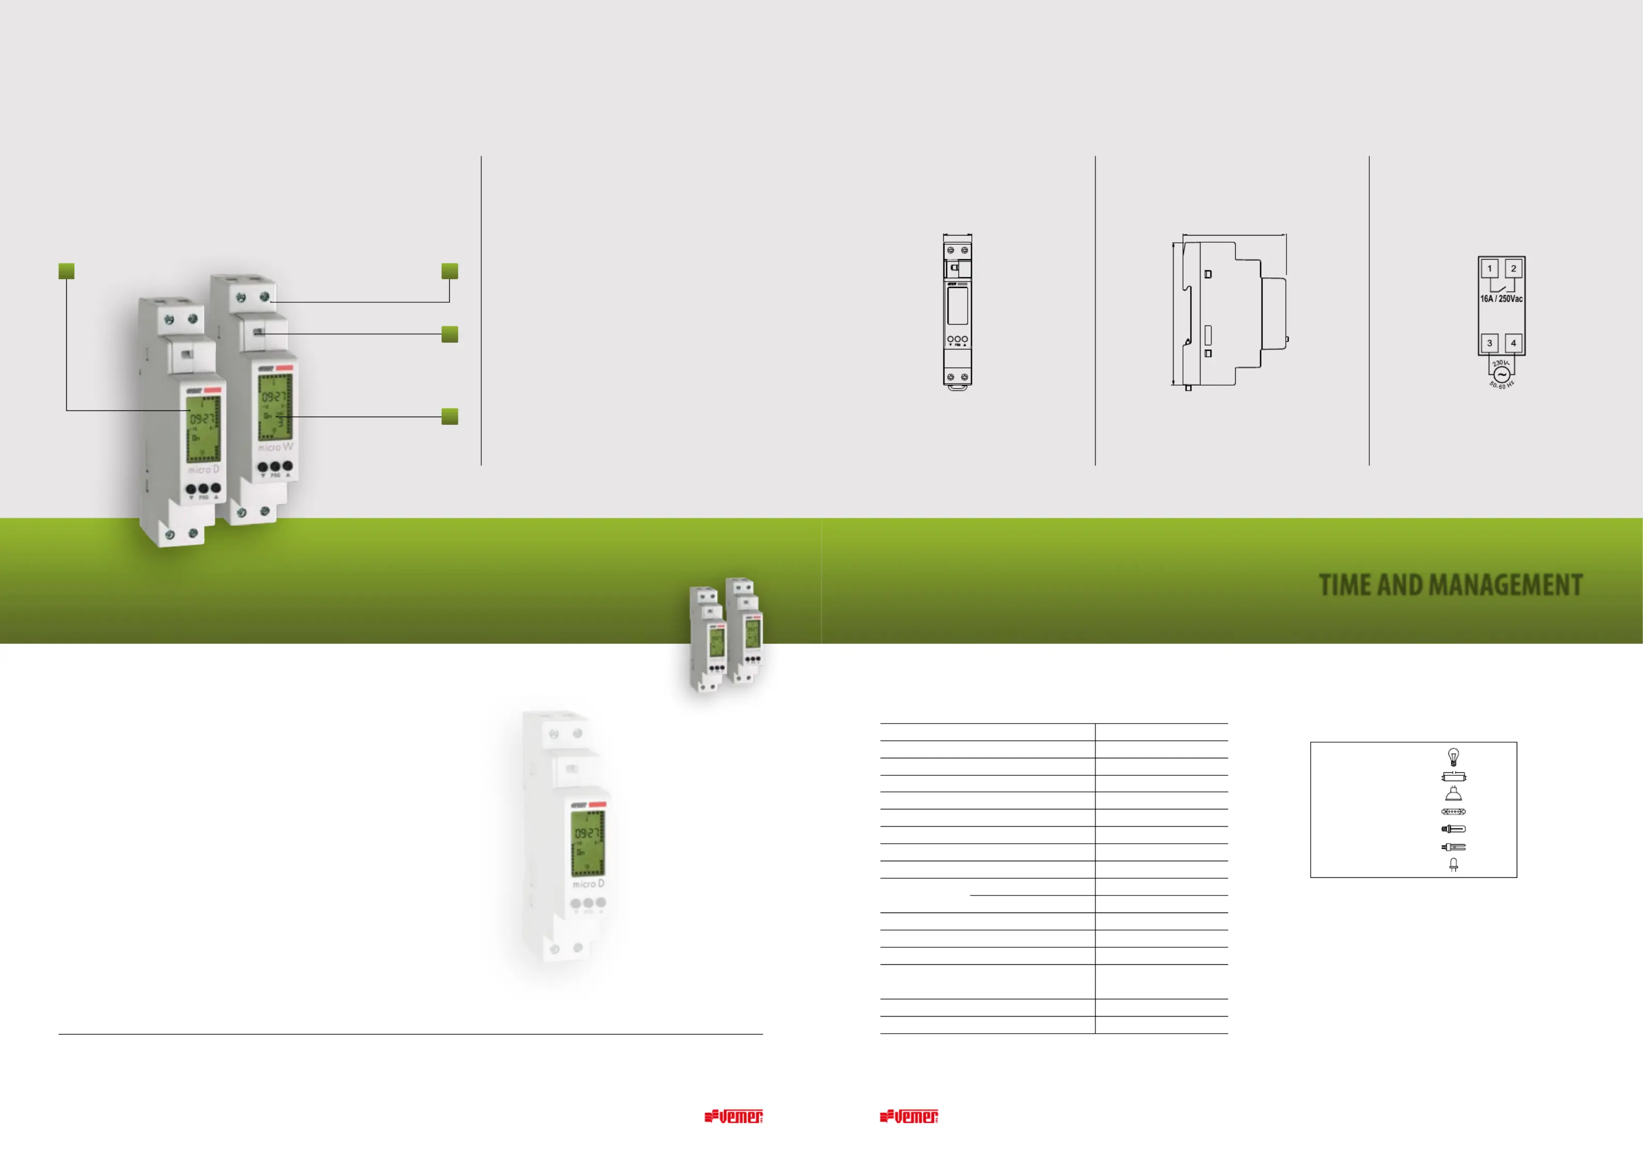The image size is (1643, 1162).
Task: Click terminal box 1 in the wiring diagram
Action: click(x=1489, y=269)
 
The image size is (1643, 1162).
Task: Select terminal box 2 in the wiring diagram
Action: click(x=1514, y=269)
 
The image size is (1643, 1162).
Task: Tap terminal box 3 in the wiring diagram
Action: click(x=1489, y=343)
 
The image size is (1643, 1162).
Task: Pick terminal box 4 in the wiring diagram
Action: click(x=1514, y=343)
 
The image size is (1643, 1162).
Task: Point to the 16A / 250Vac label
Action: click(x=1501, y=299)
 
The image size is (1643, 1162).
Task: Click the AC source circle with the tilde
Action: click(x=1501, y=374)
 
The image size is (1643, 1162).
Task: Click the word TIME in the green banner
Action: click(x=1344, y=585)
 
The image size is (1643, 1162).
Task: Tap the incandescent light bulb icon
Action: click(x=1454, y=757)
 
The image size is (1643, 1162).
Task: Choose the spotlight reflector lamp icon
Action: click(x=1454, y=793)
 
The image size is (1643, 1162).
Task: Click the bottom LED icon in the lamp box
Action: click(x=1454, y=865)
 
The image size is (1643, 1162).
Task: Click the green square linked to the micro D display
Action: click(x=67, y=271)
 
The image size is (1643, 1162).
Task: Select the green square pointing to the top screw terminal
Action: click(x=449, y=271)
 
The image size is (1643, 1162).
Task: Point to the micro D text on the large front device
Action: click(x=203, y=469)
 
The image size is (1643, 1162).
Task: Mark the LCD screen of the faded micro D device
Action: click(x=587, y=843)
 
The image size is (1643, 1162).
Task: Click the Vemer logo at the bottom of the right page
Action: click(x=909, y=1116)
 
